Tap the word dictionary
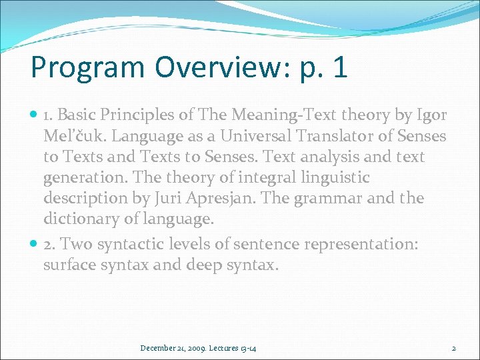click(79, 219)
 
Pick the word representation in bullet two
click(361, 245)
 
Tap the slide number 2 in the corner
click(453, 348)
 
